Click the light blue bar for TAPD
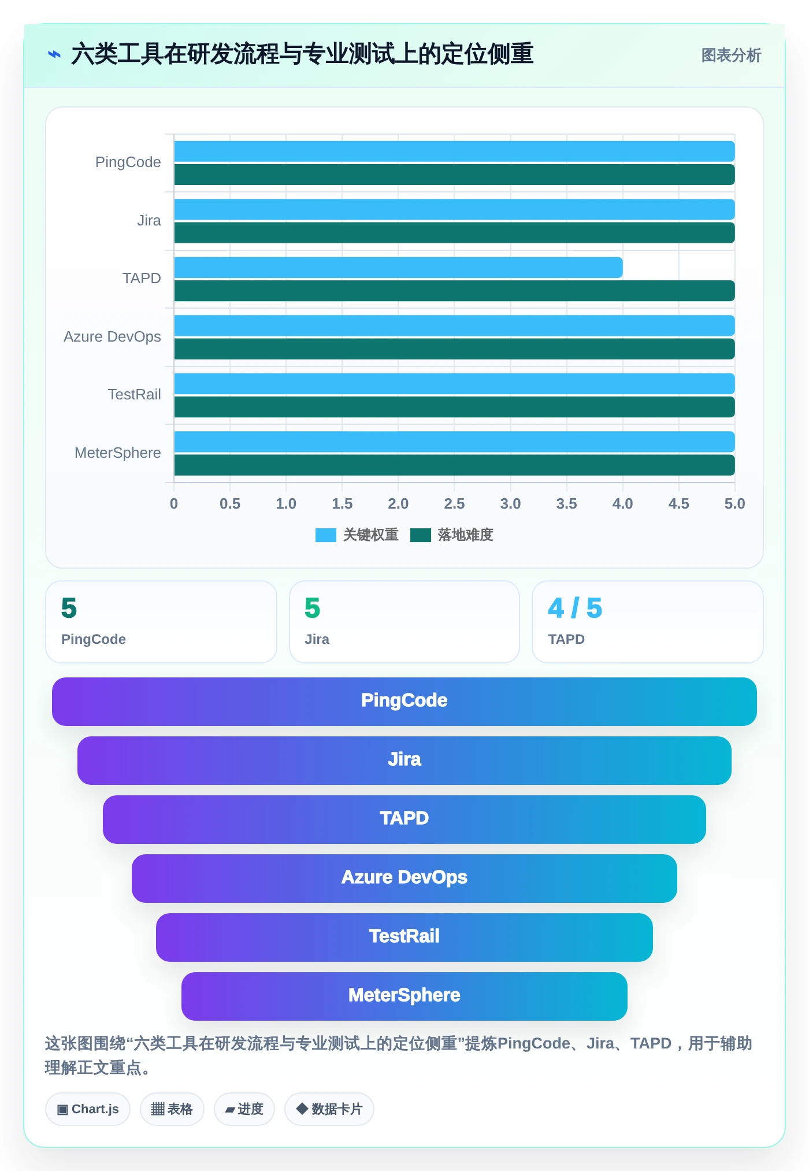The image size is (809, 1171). [398, 268]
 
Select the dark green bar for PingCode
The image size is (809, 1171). [454, 175]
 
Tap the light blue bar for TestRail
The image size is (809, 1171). [454, 384]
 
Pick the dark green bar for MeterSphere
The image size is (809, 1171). [454, 465]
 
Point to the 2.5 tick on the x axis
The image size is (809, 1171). [454, 503]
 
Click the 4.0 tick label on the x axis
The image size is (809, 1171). [622, 503]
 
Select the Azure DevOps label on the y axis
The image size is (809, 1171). [112, 336]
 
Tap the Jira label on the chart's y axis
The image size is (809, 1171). [149, 220]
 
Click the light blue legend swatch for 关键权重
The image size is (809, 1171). [326, 535]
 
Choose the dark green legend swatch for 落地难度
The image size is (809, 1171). [421, 535]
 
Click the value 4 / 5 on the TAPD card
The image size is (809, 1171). [575, 608]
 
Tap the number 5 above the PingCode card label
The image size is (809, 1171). [69, 608]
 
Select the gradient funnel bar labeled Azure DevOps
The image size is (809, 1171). [404, 879]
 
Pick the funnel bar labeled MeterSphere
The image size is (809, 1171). [404, 996]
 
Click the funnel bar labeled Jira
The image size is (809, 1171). [404, 761]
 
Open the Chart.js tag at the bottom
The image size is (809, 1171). [88, 1109]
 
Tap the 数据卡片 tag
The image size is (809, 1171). [329, 1109]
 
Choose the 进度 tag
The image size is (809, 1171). [244, 1109]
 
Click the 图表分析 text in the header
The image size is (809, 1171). [731, 55]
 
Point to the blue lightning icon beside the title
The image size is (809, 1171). [54, 55]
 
